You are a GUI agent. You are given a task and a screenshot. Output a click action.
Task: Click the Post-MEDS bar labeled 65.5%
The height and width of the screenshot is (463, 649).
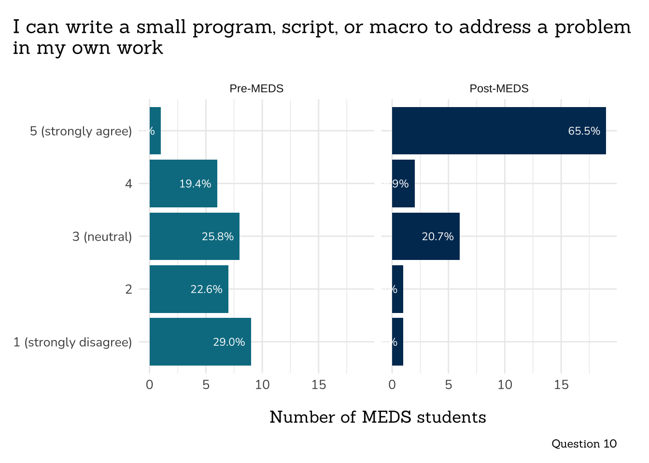(x=498, y=131)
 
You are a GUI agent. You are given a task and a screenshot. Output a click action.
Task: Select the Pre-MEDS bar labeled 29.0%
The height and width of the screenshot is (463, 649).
(x=200, y=342)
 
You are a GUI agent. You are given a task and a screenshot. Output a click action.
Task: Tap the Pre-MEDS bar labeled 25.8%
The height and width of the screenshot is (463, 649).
(x=194, y=236)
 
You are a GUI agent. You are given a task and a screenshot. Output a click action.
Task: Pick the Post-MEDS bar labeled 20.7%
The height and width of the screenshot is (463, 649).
(x=425, y=236)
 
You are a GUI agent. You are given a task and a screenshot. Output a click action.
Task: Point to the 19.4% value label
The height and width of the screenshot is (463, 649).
(x=195, y=184)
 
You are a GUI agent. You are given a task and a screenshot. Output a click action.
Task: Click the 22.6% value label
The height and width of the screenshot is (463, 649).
(x=206, y=289)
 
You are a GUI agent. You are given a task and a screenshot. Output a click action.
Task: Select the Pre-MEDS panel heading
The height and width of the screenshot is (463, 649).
(x=256, y=89)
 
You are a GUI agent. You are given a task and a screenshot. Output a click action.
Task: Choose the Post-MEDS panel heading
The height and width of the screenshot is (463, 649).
(x=499, y=89)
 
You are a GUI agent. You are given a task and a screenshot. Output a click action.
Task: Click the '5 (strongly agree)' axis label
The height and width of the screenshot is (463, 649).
(x=81, y=131)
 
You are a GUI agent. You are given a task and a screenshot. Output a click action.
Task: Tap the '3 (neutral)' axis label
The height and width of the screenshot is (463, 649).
(x=102, y=237)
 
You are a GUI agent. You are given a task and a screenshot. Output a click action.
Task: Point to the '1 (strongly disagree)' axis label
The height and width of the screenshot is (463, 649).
(x=72, y=342)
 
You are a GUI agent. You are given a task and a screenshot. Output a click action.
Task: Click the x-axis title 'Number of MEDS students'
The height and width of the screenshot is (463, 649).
(x=378, y=417)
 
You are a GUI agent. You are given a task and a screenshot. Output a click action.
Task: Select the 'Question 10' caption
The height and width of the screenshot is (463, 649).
(x=584, y=444)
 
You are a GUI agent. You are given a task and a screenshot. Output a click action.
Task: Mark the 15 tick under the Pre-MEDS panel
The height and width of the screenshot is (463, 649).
(x=319, y=385)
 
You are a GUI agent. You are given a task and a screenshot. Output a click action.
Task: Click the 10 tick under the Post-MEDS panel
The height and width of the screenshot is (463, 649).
(x=505, y=385)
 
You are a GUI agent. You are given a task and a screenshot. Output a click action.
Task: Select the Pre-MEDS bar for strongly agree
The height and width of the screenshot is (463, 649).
(x=155, y=131)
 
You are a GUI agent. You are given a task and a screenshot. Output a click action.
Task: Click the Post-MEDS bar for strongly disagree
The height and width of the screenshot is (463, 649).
(x=397, y=342)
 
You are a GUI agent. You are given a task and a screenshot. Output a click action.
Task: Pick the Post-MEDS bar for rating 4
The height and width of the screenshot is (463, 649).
(x=403, y=184)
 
